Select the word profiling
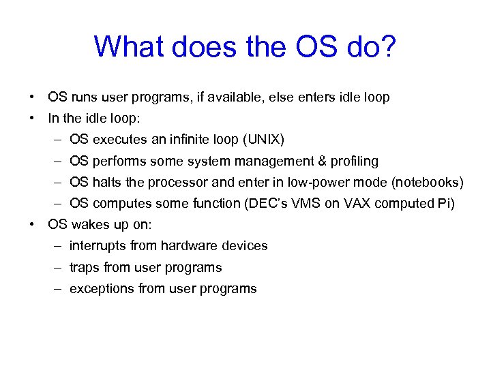(354, 162)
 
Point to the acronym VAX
(353, 204)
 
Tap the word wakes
(87, 225)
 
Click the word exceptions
(102, 289)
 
